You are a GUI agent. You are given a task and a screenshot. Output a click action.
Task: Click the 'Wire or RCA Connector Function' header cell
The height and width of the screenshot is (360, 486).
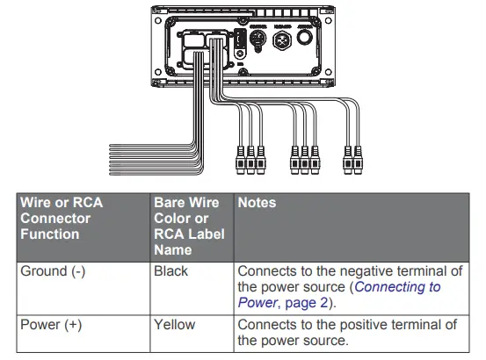(x=62, y=219)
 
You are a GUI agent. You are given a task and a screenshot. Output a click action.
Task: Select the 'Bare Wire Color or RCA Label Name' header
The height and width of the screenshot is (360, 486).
(x=189, y=226)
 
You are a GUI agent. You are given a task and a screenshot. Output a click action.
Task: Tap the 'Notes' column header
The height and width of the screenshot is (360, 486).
(x=257, y=203)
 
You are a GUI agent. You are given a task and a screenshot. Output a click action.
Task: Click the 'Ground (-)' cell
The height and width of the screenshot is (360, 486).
(x=53, y=271)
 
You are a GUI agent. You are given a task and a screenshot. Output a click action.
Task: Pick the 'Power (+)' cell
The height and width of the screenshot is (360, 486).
(x=51, y=325)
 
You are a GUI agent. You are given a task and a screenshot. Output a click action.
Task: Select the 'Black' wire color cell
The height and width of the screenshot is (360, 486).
(x=170, y=271)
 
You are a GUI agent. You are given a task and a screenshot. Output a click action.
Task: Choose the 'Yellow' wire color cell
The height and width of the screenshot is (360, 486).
(x=174, y=325)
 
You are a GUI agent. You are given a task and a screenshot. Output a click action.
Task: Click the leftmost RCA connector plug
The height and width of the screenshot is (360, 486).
(x=240, y=160)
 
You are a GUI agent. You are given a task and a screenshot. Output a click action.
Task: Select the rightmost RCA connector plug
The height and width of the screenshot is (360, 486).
(x=359, y=160)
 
